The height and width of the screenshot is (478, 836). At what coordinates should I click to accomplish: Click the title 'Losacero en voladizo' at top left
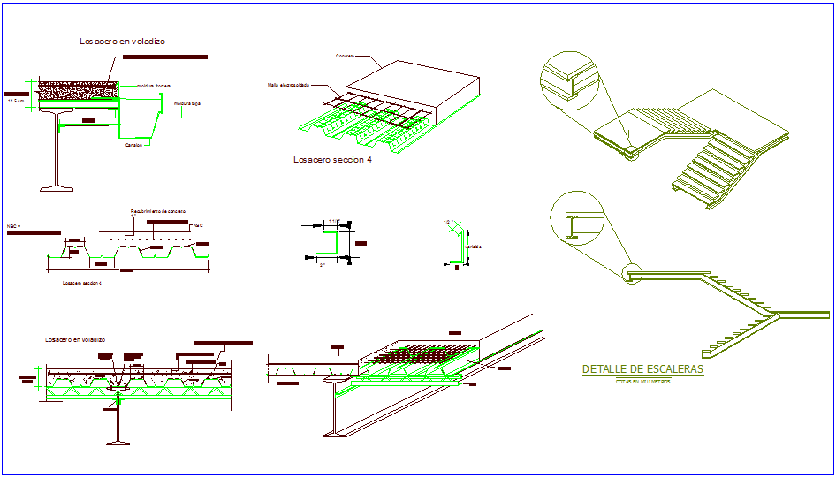coord(122,41)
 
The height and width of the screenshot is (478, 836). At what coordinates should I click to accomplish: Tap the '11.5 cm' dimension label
coord(15,100)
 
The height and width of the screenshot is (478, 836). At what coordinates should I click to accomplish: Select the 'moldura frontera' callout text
coord(153,86)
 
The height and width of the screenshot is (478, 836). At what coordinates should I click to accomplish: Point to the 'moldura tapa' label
coord(187,103)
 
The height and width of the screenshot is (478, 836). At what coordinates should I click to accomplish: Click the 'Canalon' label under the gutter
coord(133,145)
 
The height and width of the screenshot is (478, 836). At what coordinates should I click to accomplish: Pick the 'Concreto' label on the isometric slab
coord(345,56)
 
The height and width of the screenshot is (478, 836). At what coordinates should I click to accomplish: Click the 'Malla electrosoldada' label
coord(289,85)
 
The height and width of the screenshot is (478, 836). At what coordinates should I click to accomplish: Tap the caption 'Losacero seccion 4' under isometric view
coord(331,160)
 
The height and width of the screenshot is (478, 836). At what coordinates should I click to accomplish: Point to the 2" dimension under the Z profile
coord(323,265)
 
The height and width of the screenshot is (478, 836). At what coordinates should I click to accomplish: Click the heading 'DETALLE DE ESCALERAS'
coord(643,368)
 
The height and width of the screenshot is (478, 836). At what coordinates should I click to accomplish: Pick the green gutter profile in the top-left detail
coord(141,119)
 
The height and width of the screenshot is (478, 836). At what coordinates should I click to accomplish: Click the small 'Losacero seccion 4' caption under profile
coord(82,283)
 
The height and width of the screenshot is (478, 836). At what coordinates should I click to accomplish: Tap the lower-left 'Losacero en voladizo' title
coord(75,339)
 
